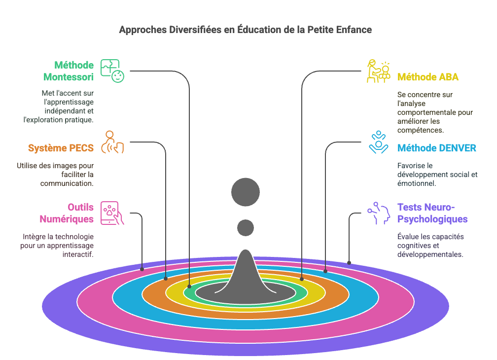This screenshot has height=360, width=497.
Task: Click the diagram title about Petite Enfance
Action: (x=245, y=30)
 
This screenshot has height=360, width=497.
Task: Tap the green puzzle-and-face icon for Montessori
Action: (x=112, y=71)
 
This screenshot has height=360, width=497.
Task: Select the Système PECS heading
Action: (x=61, y=148)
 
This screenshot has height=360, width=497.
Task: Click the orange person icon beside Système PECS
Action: (x=112, y=143)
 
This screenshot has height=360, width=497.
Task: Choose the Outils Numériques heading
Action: (x=67, y=213)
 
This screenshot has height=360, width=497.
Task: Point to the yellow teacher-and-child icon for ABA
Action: (x=378, y=71)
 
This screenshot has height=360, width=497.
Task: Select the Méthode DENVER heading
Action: (x=437, y=148)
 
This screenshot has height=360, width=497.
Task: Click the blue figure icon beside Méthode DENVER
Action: (x=378, y=143)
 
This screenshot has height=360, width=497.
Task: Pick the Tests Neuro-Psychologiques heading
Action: (x=432, y=213)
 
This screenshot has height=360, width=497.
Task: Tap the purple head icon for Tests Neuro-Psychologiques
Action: (x=378, y=213)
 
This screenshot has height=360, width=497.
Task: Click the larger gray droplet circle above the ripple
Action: (x=246, y=192)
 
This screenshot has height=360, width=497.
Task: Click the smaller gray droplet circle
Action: (x=246, y=227)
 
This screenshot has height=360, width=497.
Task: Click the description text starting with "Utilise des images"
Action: (x=55, y=174)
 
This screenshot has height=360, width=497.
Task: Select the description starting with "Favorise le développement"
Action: (x=437, y=174)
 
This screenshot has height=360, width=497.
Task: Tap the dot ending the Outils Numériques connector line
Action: (x=142, y=269)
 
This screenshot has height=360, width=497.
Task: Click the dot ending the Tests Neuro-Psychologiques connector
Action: (x=349, y=263)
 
